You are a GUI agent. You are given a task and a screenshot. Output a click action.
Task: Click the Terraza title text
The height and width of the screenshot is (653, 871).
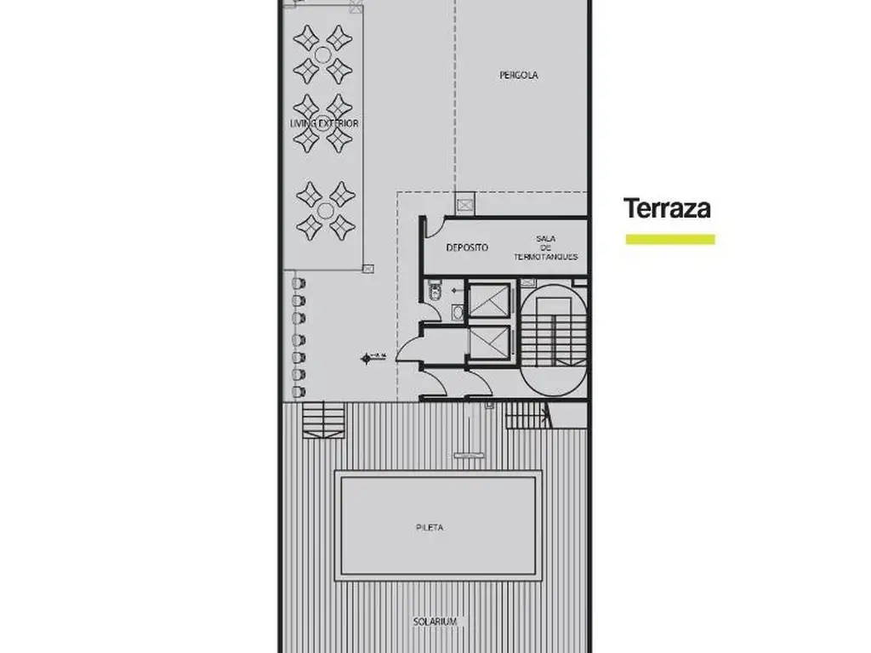pos(667,208)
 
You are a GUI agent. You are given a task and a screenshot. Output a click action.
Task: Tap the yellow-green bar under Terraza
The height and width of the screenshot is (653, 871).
pos(670,240)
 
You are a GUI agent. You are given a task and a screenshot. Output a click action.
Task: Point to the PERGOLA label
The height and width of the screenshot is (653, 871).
pos(518,75)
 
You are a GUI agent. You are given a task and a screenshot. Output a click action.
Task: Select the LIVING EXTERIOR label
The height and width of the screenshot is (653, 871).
pos(324,123)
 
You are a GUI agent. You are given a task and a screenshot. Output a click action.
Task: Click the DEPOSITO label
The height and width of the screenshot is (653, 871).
pos(468,247)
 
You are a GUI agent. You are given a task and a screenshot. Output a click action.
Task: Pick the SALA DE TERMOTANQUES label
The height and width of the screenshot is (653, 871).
pos(545,247)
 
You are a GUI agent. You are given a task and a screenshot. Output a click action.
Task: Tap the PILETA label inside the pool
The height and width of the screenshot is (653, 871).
pos(430,527)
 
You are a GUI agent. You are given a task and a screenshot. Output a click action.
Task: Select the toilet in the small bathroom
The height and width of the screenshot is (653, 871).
pos(435,292)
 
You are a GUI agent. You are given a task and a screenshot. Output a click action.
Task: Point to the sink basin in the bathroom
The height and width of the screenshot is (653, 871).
pos(458,312)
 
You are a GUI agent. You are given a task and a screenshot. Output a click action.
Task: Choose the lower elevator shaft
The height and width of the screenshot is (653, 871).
pos(489,343)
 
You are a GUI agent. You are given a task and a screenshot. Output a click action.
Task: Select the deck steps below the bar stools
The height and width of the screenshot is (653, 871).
pos(324,420)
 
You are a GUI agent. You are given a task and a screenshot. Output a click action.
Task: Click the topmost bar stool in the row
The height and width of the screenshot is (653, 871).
pos(299,282)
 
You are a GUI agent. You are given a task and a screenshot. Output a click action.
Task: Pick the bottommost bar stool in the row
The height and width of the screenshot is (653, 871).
pos(299,392)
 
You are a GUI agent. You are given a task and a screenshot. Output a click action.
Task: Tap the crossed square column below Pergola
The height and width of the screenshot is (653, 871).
pos(464,204)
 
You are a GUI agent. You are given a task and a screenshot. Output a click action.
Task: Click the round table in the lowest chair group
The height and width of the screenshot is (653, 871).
pos(325,210)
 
